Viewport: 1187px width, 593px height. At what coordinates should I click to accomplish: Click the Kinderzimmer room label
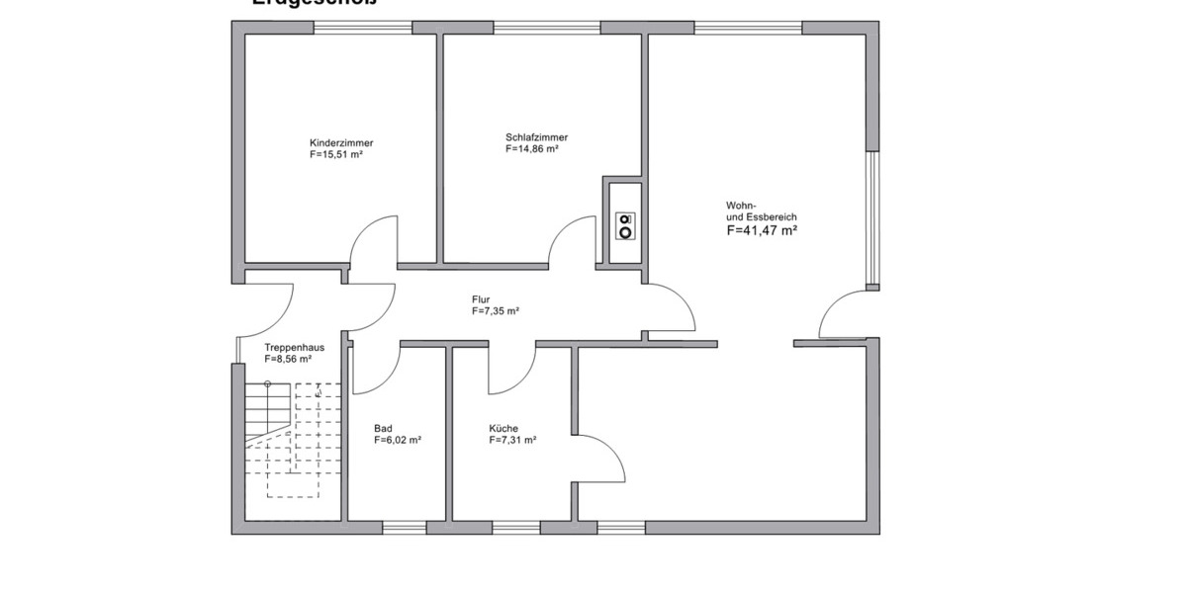click(341, 142)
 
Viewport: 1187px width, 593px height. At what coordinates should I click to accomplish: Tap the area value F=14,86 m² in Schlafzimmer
click(532, 149)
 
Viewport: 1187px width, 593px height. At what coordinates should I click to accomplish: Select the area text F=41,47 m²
click(762, 230)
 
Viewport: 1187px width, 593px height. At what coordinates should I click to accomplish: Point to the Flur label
click(481, 298)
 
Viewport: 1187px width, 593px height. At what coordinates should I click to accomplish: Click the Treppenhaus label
click(294, 347)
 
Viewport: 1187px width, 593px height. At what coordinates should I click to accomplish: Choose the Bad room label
click(383, 428)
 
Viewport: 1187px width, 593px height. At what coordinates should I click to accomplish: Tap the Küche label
click(502, 428)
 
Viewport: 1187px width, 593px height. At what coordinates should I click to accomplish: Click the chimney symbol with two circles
click(624, 225)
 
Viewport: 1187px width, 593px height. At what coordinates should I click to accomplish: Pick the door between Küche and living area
click(601, 458)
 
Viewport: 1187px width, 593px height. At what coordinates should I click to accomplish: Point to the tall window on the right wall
click(872, 217)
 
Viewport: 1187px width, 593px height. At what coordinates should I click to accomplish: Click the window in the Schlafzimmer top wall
click(547, 28)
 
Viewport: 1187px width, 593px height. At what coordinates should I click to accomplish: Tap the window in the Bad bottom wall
click(404, 528)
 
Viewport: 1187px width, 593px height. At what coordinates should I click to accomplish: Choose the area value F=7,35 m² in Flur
click(496, 310)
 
